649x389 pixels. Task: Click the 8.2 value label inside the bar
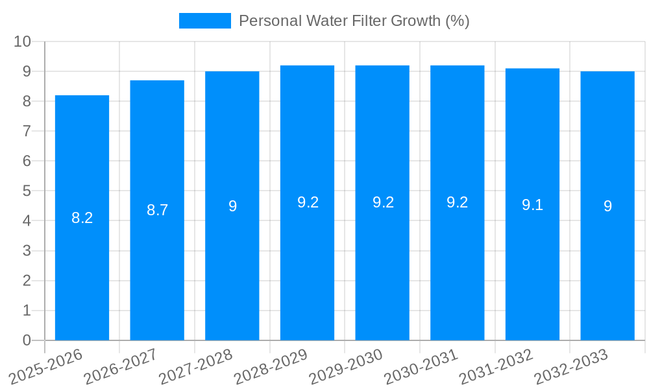82,218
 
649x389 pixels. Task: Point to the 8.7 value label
157,210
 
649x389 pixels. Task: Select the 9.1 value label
532,206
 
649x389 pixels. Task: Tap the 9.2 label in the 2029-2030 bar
382,202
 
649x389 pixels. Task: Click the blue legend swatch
204,21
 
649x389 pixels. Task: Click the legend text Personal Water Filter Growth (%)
354,21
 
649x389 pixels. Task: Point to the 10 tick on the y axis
23,41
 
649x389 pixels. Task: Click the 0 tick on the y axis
27,340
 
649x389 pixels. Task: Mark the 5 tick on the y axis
27,191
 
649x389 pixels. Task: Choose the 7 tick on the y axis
27,131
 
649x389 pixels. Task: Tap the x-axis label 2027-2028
197,367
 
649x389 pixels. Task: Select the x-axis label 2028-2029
272,367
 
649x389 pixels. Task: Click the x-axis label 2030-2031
422,367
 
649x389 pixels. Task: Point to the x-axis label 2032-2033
572,367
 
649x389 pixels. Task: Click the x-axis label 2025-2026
47,367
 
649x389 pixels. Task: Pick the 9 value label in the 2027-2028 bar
232,206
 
